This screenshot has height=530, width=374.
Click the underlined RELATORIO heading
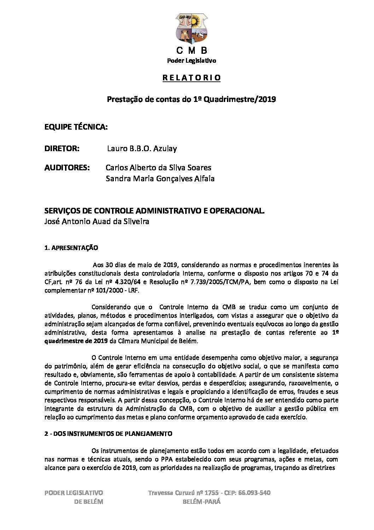click(x=191, y=78)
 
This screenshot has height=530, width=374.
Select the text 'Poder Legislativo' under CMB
click(x=191, y=61)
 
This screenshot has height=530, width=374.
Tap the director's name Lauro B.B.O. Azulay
click(x=142, y=149)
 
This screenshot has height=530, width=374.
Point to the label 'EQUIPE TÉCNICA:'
click(x=76, y=127)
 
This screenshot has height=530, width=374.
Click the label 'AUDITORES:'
click(x=67, y=167)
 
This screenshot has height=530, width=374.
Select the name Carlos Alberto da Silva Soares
click(x=158, y=167)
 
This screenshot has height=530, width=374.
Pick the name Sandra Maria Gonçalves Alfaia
click(x=160, y=179)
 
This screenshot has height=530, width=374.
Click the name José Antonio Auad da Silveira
click(x=97, y=222)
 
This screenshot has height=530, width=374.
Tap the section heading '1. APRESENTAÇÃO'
click(x=71, y=248)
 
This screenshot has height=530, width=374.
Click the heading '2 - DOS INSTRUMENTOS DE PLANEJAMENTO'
click(x=108, y=434)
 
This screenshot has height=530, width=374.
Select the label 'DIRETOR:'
click(x=62, y=149)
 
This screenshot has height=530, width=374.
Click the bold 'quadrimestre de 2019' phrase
click(x=76, y=341)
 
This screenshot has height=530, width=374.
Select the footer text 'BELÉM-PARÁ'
click(x=202, y=502)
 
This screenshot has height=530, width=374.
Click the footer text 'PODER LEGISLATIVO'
click(x=74, y=493)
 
